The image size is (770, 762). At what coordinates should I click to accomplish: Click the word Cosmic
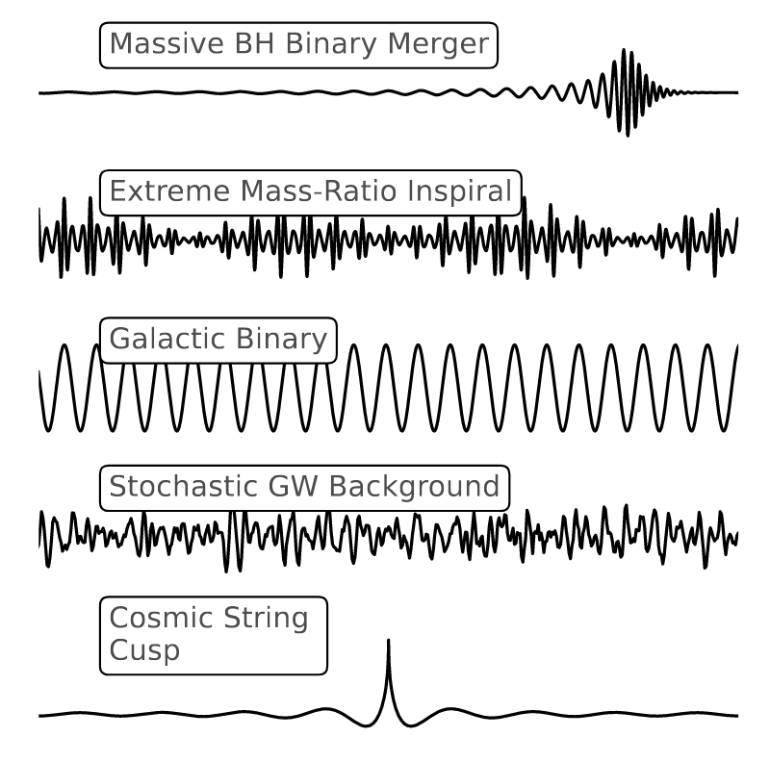(x=155, y=618)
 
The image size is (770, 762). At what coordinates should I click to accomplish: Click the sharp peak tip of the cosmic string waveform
(x=388, y=640)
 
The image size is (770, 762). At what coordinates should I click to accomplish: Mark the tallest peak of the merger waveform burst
(x=627, y=49)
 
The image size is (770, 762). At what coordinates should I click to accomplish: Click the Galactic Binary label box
(x=218, y=341)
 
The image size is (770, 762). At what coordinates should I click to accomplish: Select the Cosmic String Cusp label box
(x=214, y=634)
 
